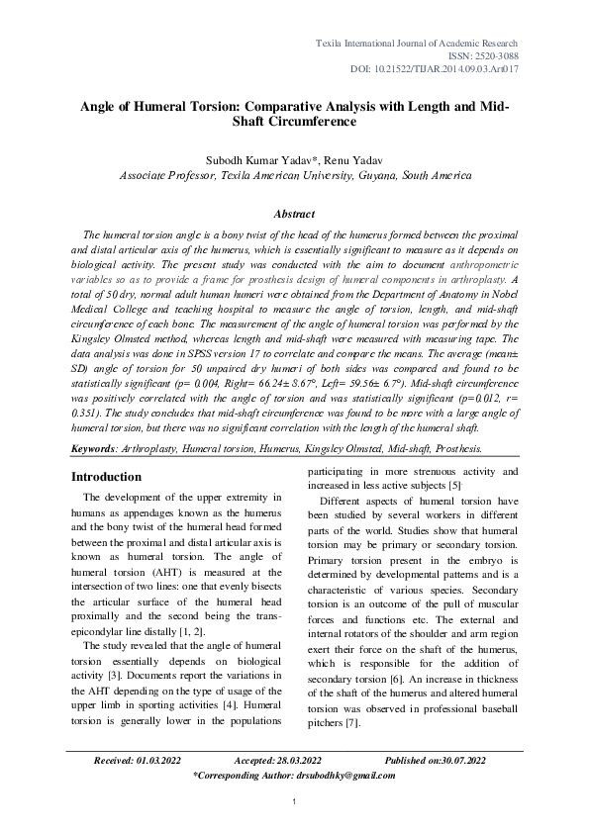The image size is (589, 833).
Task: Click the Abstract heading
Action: click(294, 214)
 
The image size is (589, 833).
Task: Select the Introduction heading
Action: click(106, 477)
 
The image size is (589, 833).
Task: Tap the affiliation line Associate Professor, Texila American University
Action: click(294, 174)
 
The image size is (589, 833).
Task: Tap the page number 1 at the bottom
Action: click(294, 801)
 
